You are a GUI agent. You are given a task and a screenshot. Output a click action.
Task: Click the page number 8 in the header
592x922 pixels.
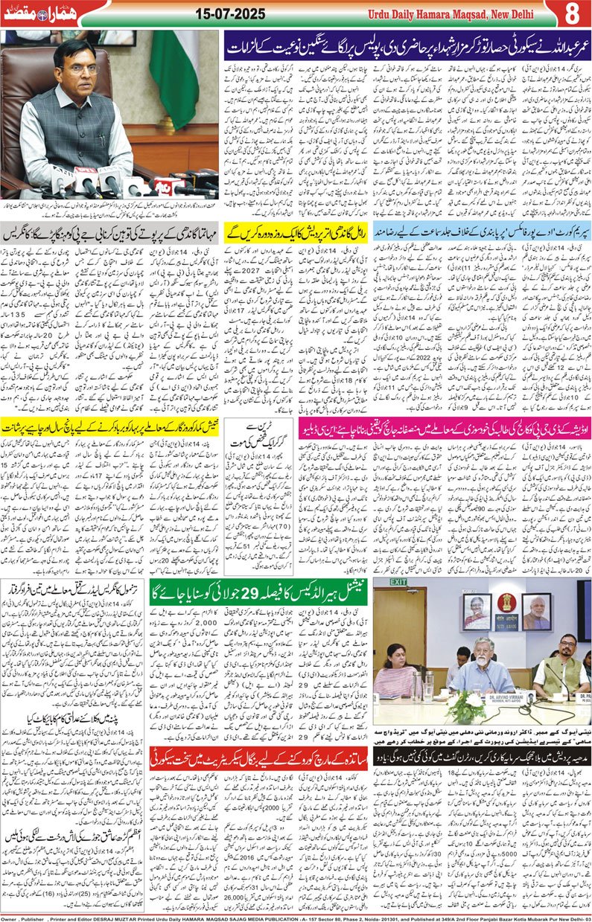(573, 13)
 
